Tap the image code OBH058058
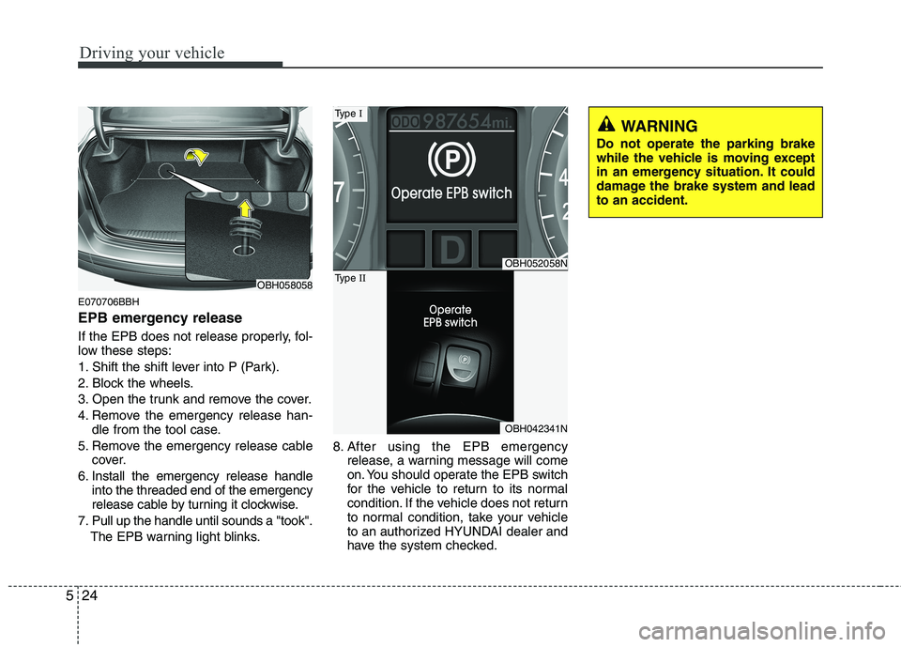point(285,285)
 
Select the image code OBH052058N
point(535,264)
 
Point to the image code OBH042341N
point(535,427)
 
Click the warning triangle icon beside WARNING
point(606,125)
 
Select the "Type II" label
point(349,278)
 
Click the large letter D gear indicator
point(450,251)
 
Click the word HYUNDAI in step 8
point(459,532)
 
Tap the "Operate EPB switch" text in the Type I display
point(451,193)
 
